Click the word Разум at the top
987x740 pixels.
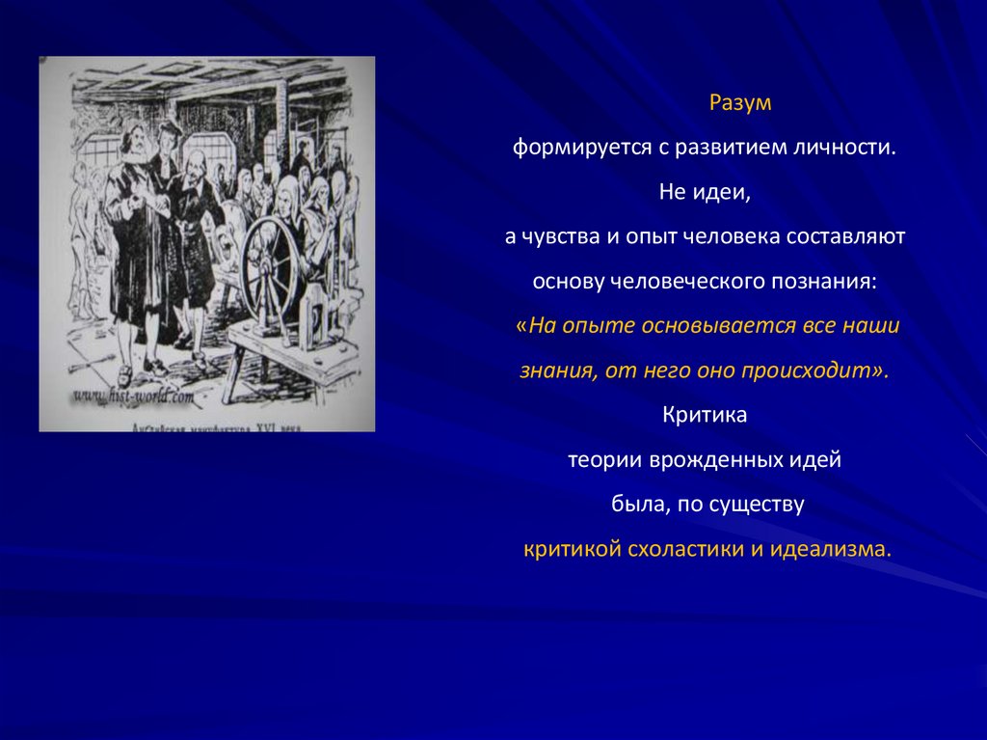pyautogui.click(x=741, y=102)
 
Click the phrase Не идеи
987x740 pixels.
pyautogui.click(x=704, y=193)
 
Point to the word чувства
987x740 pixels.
pyautogui.click(x=565, y=237)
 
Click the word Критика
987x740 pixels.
pyautogui.click(x=705, y=415)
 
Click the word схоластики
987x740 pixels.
pyautogui.click(x=671, y=549)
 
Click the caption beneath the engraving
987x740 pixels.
pyautogui.click(x=206, y=425)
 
